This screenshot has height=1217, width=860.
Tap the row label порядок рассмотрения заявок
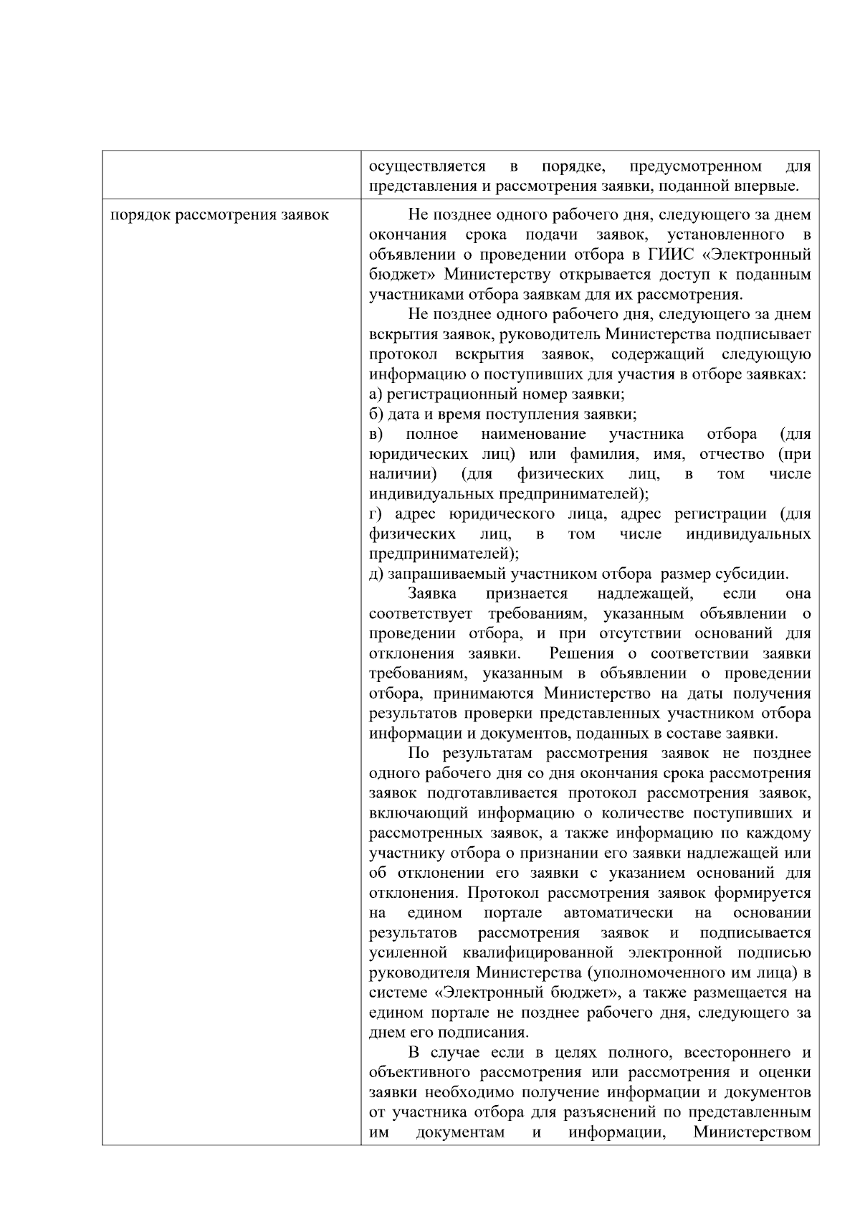coord(219,215)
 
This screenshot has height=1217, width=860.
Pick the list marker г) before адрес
coord(375,514)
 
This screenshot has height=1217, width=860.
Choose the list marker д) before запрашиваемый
coord(376,574)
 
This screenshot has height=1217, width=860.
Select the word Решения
coord(581,654)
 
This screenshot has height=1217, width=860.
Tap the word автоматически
coord(618,914)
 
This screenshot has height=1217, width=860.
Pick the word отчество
coord(732,455)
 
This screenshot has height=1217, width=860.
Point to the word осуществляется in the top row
coord(427,167)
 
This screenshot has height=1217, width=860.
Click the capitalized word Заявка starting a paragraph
coord(432,595)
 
